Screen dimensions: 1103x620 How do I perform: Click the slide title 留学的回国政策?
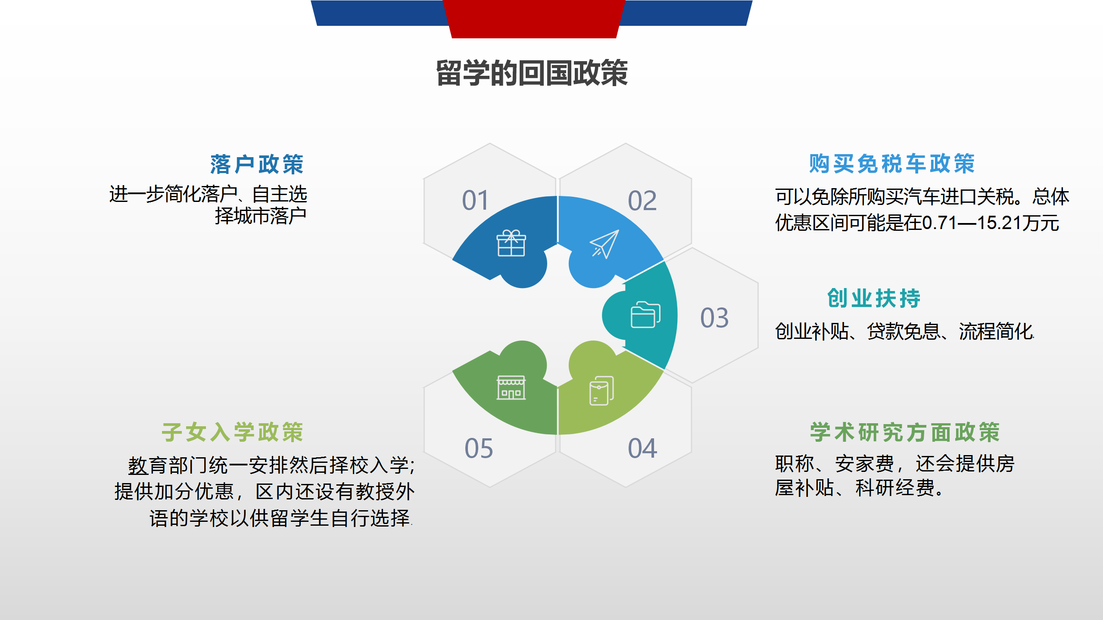532,73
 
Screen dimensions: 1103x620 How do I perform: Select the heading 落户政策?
257,164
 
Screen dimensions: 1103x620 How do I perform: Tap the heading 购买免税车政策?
892,164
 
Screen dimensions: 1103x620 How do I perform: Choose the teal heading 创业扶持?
874,298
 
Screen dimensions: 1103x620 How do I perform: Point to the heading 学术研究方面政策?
905,432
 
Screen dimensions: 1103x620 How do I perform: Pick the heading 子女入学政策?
233,432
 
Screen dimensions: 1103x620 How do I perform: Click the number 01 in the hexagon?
476,201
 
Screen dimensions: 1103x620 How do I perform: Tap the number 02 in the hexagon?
642,201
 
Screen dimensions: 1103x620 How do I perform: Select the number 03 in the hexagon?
715,318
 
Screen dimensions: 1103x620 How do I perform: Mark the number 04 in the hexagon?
642,448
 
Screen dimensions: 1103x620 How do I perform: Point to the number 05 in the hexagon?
479,448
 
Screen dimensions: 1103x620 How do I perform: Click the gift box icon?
511,243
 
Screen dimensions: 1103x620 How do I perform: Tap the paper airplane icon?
604,244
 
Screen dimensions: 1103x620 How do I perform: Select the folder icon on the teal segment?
645,315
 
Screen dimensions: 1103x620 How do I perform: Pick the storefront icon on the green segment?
511,387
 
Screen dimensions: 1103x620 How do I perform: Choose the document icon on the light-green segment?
601,391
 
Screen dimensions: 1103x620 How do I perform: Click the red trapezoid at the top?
534,19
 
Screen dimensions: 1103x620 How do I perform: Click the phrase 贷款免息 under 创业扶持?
904,332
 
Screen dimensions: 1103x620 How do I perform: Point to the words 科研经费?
895,488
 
